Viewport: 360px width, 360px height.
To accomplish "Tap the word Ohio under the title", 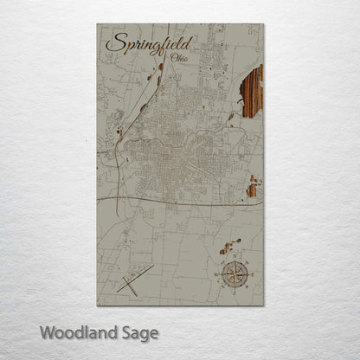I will pyautogui.click(x=180, y=57).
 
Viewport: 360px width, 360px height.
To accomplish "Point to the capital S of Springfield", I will pyautogui.click(x=113, y=42).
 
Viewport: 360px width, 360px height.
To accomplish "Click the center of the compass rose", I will pyautogui.click(x=235, y=276).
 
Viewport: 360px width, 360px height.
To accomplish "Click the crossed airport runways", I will pyautogui.click(x=137, y=279).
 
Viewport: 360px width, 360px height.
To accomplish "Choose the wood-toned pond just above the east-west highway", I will pyautogui.click(x=253, y=186).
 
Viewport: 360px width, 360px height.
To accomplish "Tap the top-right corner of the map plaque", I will pyautogui.click(x=262, y=25).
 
